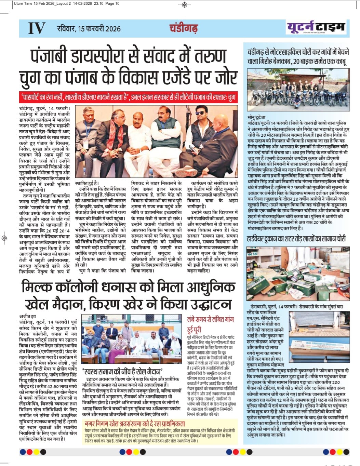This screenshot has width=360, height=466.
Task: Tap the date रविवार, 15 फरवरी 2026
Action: pos(89,28)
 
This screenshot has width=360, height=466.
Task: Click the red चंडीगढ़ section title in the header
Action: pos(184,28)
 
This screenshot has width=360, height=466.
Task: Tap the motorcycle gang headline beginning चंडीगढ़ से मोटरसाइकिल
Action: pos(298,57)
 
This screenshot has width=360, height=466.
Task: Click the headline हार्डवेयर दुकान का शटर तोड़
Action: pos(296,239)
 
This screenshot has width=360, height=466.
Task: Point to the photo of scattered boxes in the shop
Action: pos(298,274)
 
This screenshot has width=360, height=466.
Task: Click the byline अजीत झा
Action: pos(28,316)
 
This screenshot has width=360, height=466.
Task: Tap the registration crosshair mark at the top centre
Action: pos(185,4)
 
